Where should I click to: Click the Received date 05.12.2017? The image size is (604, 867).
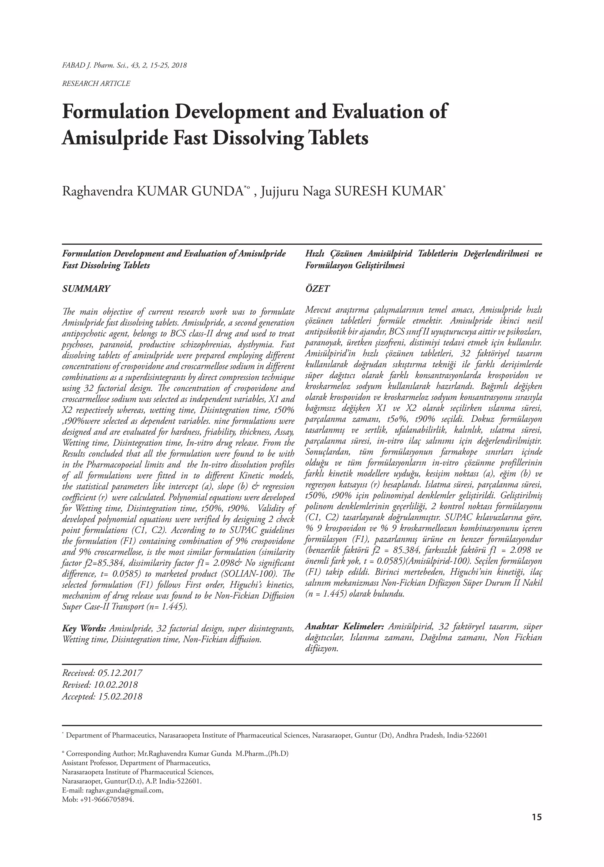[120, 673]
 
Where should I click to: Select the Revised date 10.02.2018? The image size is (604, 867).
[116, 685]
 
